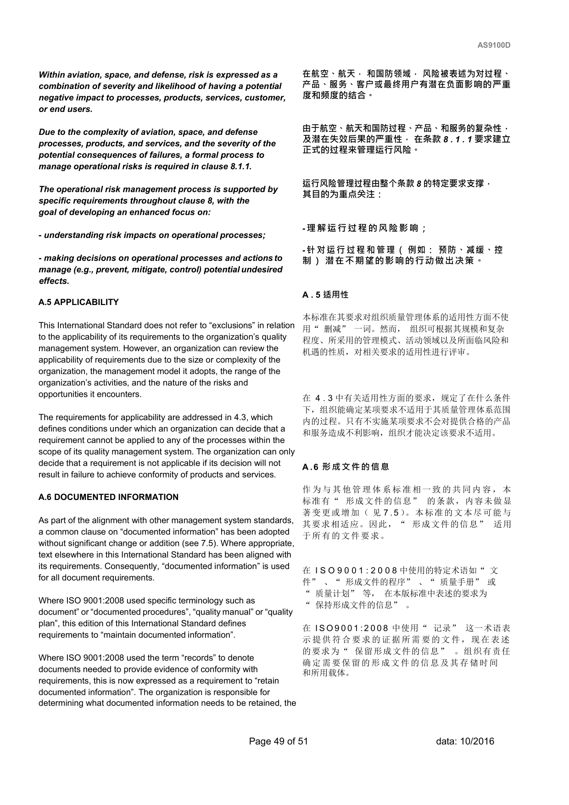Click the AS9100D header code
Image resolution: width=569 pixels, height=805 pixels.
494,45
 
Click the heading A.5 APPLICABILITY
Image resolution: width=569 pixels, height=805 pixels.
78,302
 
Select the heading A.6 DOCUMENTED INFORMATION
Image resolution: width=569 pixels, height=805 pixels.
108,497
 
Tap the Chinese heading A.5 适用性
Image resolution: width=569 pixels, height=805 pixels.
325,295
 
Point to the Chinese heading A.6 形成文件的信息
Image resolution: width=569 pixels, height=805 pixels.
346,467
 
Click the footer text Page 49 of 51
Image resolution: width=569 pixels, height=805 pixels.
278,741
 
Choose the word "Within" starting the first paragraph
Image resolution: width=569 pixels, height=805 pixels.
52,75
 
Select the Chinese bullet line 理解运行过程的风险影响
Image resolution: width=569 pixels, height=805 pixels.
364,228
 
